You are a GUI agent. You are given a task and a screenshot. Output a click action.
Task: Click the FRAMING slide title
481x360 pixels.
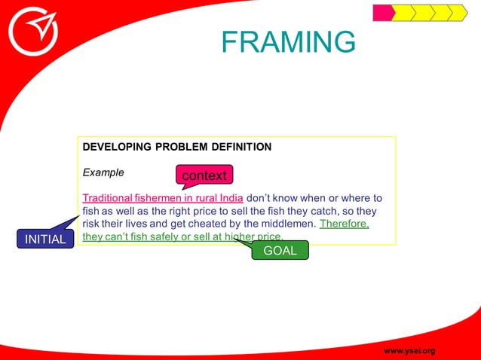click(x=288, y=42)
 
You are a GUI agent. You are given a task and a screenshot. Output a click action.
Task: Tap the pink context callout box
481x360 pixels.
click(x=204, y=175)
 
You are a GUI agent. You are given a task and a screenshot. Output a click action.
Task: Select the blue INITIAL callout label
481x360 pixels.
click(x=46, y=239)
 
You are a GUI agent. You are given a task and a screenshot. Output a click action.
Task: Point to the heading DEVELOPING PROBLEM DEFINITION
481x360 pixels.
click(x=176, y=147)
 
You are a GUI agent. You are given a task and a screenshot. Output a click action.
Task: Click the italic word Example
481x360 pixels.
click(x=103, y=172)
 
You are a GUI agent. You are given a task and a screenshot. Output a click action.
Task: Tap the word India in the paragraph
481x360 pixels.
click(x=228, y=199)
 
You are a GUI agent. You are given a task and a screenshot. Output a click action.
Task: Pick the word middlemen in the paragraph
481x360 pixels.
click(x=285, y=224)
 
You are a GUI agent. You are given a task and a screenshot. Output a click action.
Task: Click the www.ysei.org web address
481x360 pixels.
click(x=409, y=351)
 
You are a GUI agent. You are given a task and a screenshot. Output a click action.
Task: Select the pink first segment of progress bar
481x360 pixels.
click(x=383, y=13)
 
